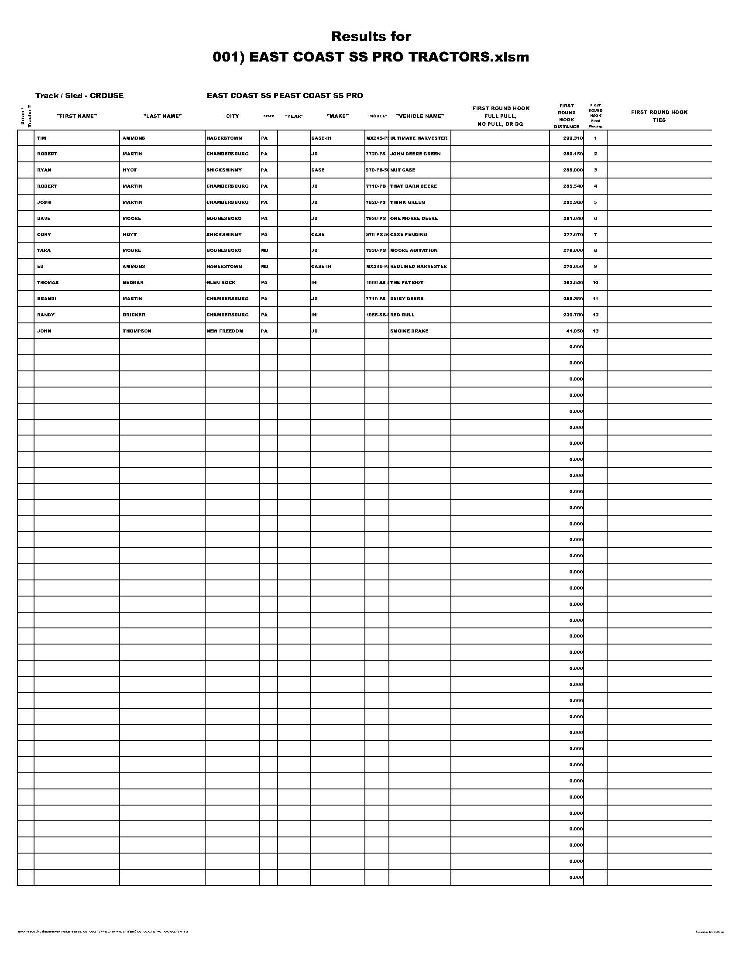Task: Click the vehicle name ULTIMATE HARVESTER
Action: pyautogui.click(x=419, y=138)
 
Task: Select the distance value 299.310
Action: pyautogui.click(x=573, y=138)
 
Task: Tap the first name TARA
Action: pyautogui.click(x=44, y=250)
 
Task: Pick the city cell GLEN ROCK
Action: pyautogui.click(x=221, y=283)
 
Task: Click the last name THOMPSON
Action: pyautogui.click(x=137, y=331)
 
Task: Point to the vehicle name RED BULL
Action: pyautogui.click(x=402, y=315)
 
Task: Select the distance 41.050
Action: pyautogui.click(x=574, y=331)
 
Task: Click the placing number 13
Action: pyautogui.click(x=595, y=331)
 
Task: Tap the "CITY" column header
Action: pyautogui.click(x=232, y=116)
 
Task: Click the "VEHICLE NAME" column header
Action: pyautogui.click(x=420, y=116)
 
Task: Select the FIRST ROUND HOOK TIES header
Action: pyautogui.click(x=659, y=116)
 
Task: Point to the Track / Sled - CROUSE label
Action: pyautogui.click(x=79, y=96)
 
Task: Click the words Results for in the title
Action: pyautogui.click(x=371, y=37)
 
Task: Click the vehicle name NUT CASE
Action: pyautogui.click(x=402, y=170)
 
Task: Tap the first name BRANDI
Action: pyautogui.click(x=46, y=298)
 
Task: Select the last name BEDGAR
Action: pyautogui.click(x=133, y=283)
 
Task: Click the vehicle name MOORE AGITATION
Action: pyautogui.click(x=414, y=250)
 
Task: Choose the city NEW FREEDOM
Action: pyautogui.click(x=225, y=331)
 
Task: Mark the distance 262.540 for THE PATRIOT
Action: pyautogui.click(x=573, y=283)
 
